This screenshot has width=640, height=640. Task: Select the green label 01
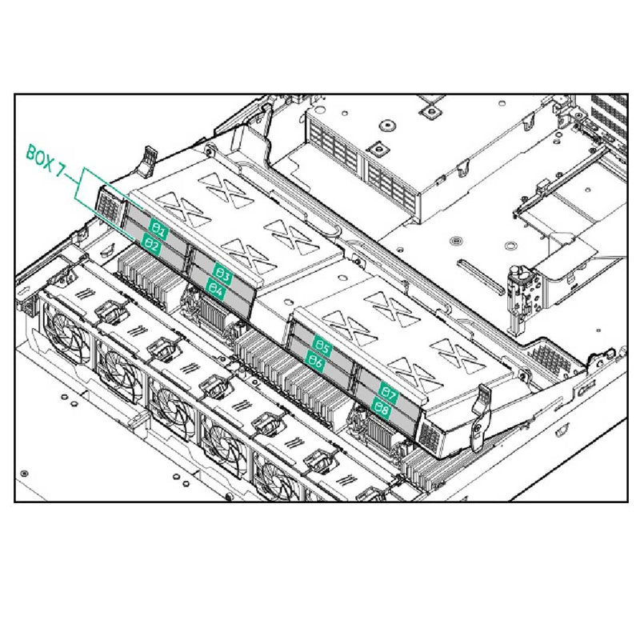pyautogui.click(x=158, y=232)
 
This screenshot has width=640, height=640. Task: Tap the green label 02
pyautogui.click(x=152, y=247)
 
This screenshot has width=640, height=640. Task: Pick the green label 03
pyautogui.click(x=223, y=276)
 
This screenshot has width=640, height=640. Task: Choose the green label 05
pyautogui.click(x=322, y=346)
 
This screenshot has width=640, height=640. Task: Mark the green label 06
pyautogui.click(x=316, y=362)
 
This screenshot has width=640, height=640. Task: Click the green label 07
pyautogui.click(x=389, y=394)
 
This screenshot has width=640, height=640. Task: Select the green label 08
pyautogui.click(x=382, y=409)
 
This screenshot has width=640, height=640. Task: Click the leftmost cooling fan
pyautogui.click(x=61, y=331)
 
